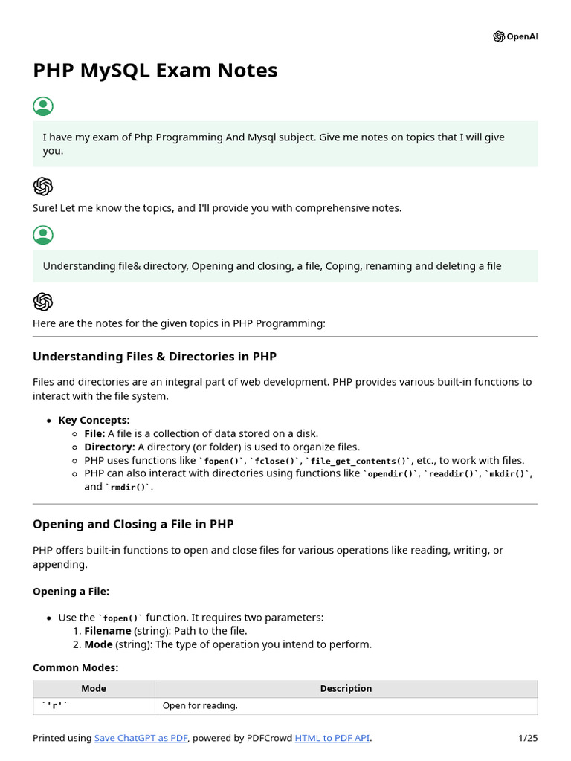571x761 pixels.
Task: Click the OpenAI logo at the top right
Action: [x=514, y=37]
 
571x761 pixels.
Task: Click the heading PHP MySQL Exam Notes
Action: [x=155, y=71]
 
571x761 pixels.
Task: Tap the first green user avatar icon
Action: [x=43, y=106]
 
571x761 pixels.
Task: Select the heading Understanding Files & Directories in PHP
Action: [x=155, y=357]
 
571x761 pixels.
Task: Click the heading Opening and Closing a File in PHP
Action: [x=133, y=525]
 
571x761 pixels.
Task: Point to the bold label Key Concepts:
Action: [x=94, y=420]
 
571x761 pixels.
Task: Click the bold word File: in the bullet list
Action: [x=94, y=433]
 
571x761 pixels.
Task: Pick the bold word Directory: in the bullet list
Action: [x=109, y=447]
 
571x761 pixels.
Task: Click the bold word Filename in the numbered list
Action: [x=109, y=631]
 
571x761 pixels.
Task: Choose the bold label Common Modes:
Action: [x=75, y=668]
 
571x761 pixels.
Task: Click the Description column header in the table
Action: [x=346, y=689]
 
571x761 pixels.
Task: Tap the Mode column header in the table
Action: [x=94, y=689]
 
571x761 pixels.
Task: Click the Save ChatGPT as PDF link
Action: [x=141, y=738]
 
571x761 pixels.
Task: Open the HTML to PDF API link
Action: [x=332, y=738]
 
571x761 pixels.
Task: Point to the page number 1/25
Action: [x=527, y=738]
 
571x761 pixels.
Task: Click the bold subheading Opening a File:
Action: [x=71, y=592]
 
